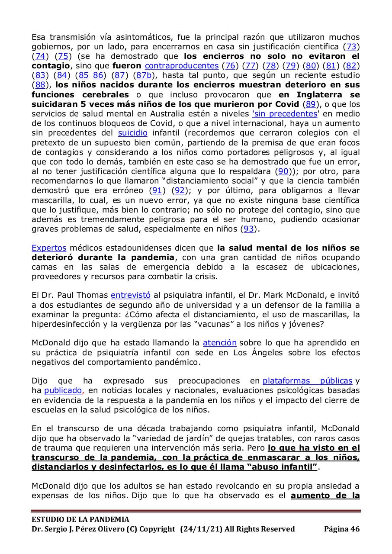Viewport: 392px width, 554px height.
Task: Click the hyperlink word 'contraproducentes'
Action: tap(181, 66)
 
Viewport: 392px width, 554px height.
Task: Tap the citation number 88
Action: tap(40, 85)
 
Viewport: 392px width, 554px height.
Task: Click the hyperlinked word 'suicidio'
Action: tap(132, 132)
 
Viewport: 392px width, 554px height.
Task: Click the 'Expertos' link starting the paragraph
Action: tap(49, 248)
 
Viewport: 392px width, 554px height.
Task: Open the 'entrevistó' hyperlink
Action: tap(131, 296)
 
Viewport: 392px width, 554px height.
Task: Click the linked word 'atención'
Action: tap(220, 343)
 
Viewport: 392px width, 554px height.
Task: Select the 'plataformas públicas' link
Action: tap(307, 381)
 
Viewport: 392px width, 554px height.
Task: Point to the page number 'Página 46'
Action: tap(342, 528)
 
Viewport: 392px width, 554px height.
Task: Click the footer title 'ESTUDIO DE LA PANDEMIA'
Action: tap(80, 519)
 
